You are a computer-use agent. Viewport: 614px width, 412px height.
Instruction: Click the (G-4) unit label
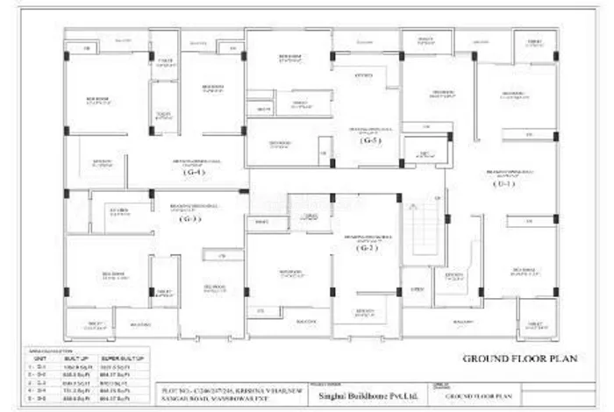pos(194,173)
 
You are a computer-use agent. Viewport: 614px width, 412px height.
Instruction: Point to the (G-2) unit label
pos(368,248)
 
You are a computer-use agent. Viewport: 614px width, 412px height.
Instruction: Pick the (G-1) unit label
pos(502,185)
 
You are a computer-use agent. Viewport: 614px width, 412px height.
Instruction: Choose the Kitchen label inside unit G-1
pos(453,275)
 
